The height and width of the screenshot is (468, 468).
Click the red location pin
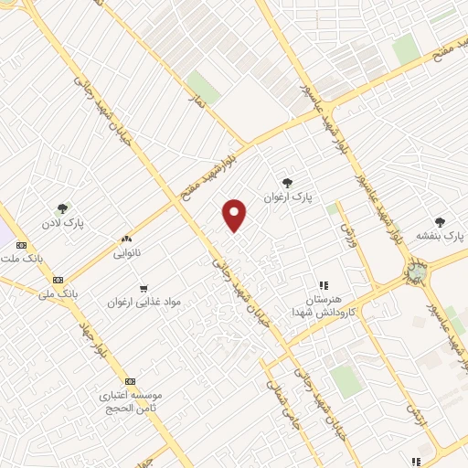pyautogui.click(x=235, y=216)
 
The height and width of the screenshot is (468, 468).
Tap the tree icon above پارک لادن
pyautogui.click(x=62, y=208)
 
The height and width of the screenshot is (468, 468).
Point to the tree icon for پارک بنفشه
pyautogui.click(x=441, y=221)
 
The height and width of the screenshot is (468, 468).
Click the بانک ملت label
pyautogui.click(x=21, y=260)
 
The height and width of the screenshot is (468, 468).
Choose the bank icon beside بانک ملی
pyautogui.click(x=58, y=280)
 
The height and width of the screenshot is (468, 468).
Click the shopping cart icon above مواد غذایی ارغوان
pyautogui.click(x=144, y=288)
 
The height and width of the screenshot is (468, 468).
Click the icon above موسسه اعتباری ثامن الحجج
pyautogui.click(x=130, y=381)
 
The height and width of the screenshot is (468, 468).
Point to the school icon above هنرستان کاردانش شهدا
pyautogui.click(x=322, y=285)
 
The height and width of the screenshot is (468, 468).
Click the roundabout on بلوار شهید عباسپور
pyautogui.click(x=416, y=271)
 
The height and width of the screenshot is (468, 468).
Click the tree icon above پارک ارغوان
pyautogui.click(x=288, y=182)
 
